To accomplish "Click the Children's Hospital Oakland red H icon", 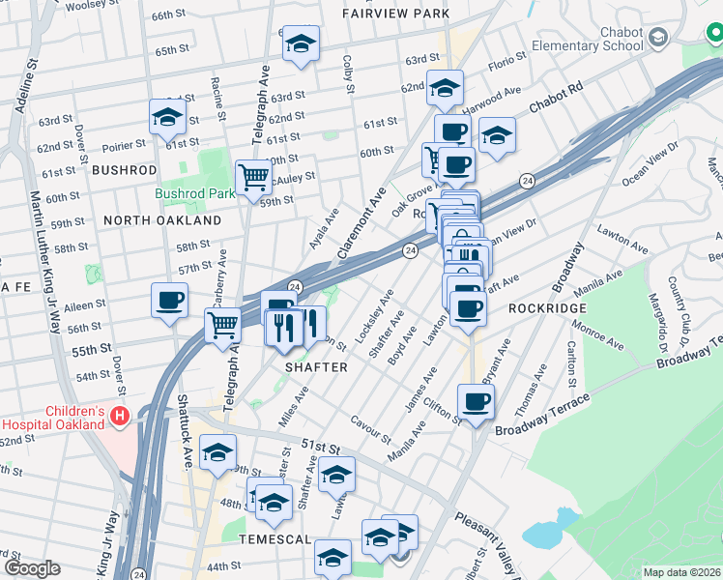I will [x=120, y=417].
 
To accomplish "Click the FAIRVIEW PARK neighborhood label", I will [x=396, y=14].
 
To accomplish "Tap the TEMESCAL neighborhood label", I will [x=275, y=539].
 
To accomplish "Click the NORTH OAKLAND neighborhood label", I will [x=162, y=220].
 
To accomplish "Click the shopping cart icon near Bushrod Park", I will [x=253, y=177].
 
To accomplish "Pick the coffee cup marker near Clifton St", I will [x=475, y=401].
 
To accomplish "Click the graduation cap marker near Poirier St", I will [x=167, y=118].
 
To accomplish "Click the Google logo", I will [x=32, y=568].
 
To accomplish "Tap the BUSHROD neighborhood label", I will [x=124, y=169].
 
